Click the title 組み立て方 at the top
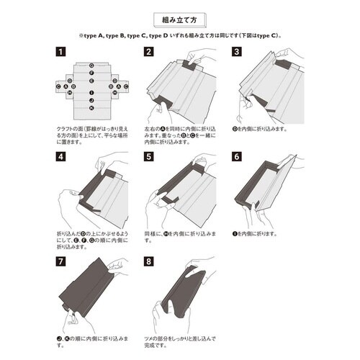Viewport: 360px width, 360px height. click(179, 18)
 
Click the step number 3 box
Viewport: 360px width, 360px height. click(236, 52)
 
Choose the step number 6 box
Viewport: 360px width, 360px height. click(236, 156)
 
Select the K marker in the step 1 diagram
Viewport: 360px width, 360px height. click(91, 108)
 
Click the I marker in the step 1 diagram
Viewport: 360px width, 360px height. click(91, 92)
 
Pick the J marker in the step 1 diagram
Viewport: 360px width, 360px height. click(91, 101)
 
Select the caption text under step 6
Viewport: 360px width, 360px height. click(256, 235)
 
